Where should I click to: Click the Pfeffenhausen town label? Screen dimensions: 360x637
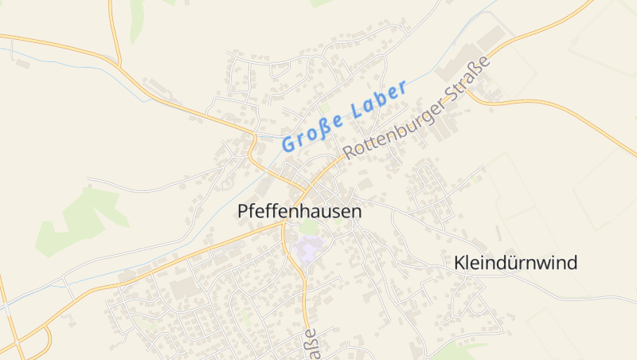(299, 212)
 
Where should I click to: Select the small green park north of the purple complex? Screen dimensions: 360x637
(309, 229)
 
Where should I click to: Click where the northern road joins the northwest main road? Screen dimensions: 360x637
(119, 63)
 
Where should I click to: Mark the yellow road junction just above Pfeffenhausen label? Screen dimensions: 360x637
(303, 192)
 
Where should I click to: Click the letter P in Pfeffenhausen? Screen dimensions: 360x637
(243, 212)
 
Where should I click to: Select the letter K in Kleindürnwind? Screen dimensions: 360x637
(459, 263)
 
